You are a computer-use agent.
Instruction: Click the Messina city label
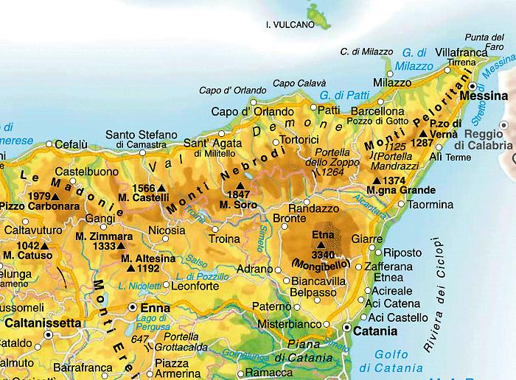(x=484, y=96)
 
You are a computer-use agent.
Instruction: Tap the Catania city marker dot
(x=346, y=327)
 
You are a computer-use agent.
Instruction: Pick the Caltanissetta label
(x=42, y=322)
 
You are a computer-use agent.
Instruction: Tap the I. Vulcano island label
(x=290, y=24)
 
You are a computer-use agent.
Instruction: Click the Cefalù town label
(x=72, y=144)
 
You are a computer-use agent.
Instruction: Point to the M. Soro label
(x=239, y=203)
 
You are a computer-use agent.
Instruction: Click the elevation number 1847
(x=239, y=194)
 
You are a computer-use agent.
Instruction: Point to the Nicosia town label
(x=146, y=230)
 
